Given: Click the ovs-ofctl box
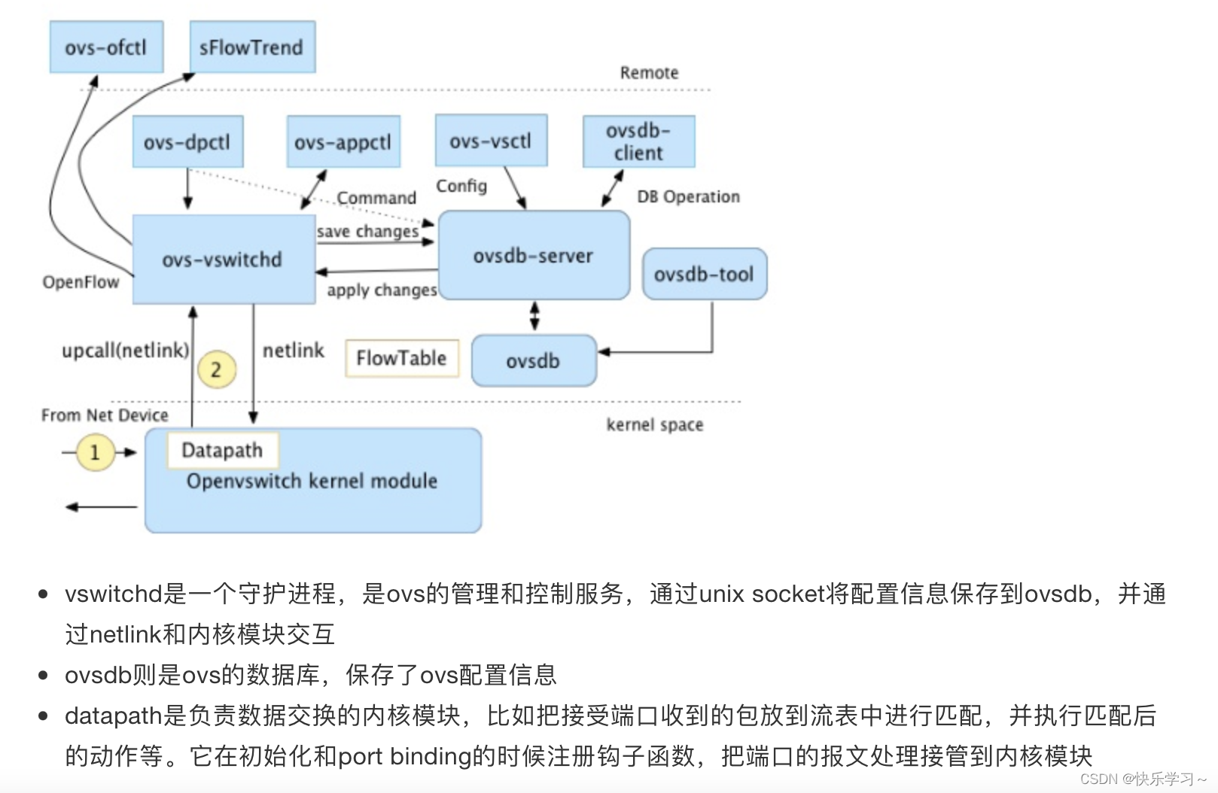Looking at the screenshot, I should pyautogui.click(x=106, y=47).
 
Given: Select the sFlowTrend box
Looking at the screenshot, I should pyautogui.click(x=252, y=47).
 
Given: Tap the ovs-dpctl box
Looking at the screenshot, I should pyautogui.click(x=187, y=141).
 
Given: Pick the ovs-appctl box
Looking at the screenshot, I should pyautogui.click(x=343, y=141).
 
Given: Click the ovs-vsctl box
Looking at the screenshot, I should pyautogui.click(x=491, y=141).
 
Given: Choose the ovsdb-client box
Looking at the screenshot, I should pyautogui.click(x=638, y=141).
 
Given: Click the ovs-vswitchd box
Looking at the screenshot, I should pyautogui.click(x=223, y=260).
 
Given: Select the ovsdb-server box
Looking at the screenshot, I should pyautogui.click(x=534, y=256).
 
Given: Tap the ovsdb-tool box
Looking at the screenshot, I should pyautogui.click(x=705, y=274).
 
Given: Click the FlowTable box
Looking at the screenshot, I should pyautogui.click(x=402, y=358).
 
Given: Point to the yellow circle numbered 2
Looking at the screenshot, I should pyautogui.click(x=216, y=369).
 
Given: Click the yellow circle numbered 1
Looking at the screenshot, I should pyautogui.click(x=96, y=452).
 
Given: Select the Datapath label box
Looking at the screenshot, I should pyautogui.click(x=223, y=450).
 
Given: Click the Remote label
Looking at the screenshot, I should pyautogui.click(x=649, y=73).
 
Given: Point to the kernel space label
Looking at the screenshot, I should pyautogui.click(x=655, y=425).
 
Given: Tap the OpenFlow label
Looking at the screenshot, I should pyautogui.click(x=81, y=282).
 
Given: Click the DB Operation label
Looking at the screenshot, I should pyautogui.click(x=688, y=196).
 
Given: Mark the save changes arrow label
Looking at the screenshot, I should pyautogui.click(x=367, y=231).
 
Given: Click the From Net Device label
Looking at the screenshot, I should pyautogui.click(x=105, y=415).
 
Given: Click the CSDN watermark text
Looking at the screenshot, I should pyautogui.click(x=1142, y=779).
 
